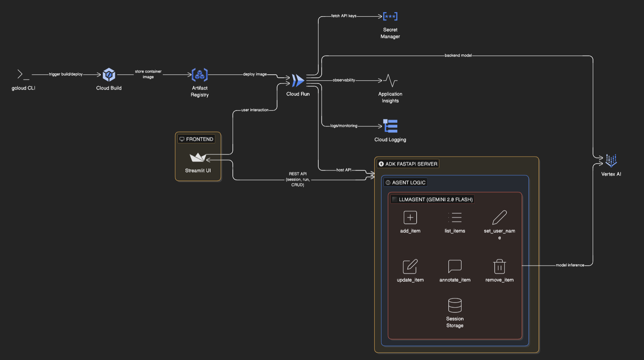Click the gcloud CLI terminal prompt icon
[x=23, y=74]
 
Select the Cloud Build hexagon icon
[x=109, y=75]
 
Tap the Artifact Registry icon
[x=200, y=75]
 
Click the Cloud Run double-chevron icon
[x=298, y=81]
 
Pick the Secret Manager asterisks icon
[x=390, y=17]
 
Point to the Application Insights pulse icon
[x=390, y=81]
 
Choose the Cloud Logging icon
[x=390, y=126]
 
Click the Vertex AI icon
[x=611, y=161]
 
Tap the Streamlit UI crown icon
[x=198, y=157]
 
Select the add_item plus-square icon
[x=410, y=217]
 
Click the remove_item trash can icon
[x=499, y=266]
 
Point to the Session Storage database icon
[x=455, y=305]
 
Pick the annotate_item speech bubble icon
[x=455, y=266]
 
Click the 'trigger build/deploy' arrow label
[x=66, y=74]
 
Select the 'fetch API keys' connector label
[x=344, y=16]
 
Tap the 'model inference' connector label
[x=570, y=265]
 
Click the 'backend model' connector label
[x=458, y=55]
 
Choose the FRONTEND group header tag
[x=197, y=139]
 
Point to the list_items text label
[x=455, y=231]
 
